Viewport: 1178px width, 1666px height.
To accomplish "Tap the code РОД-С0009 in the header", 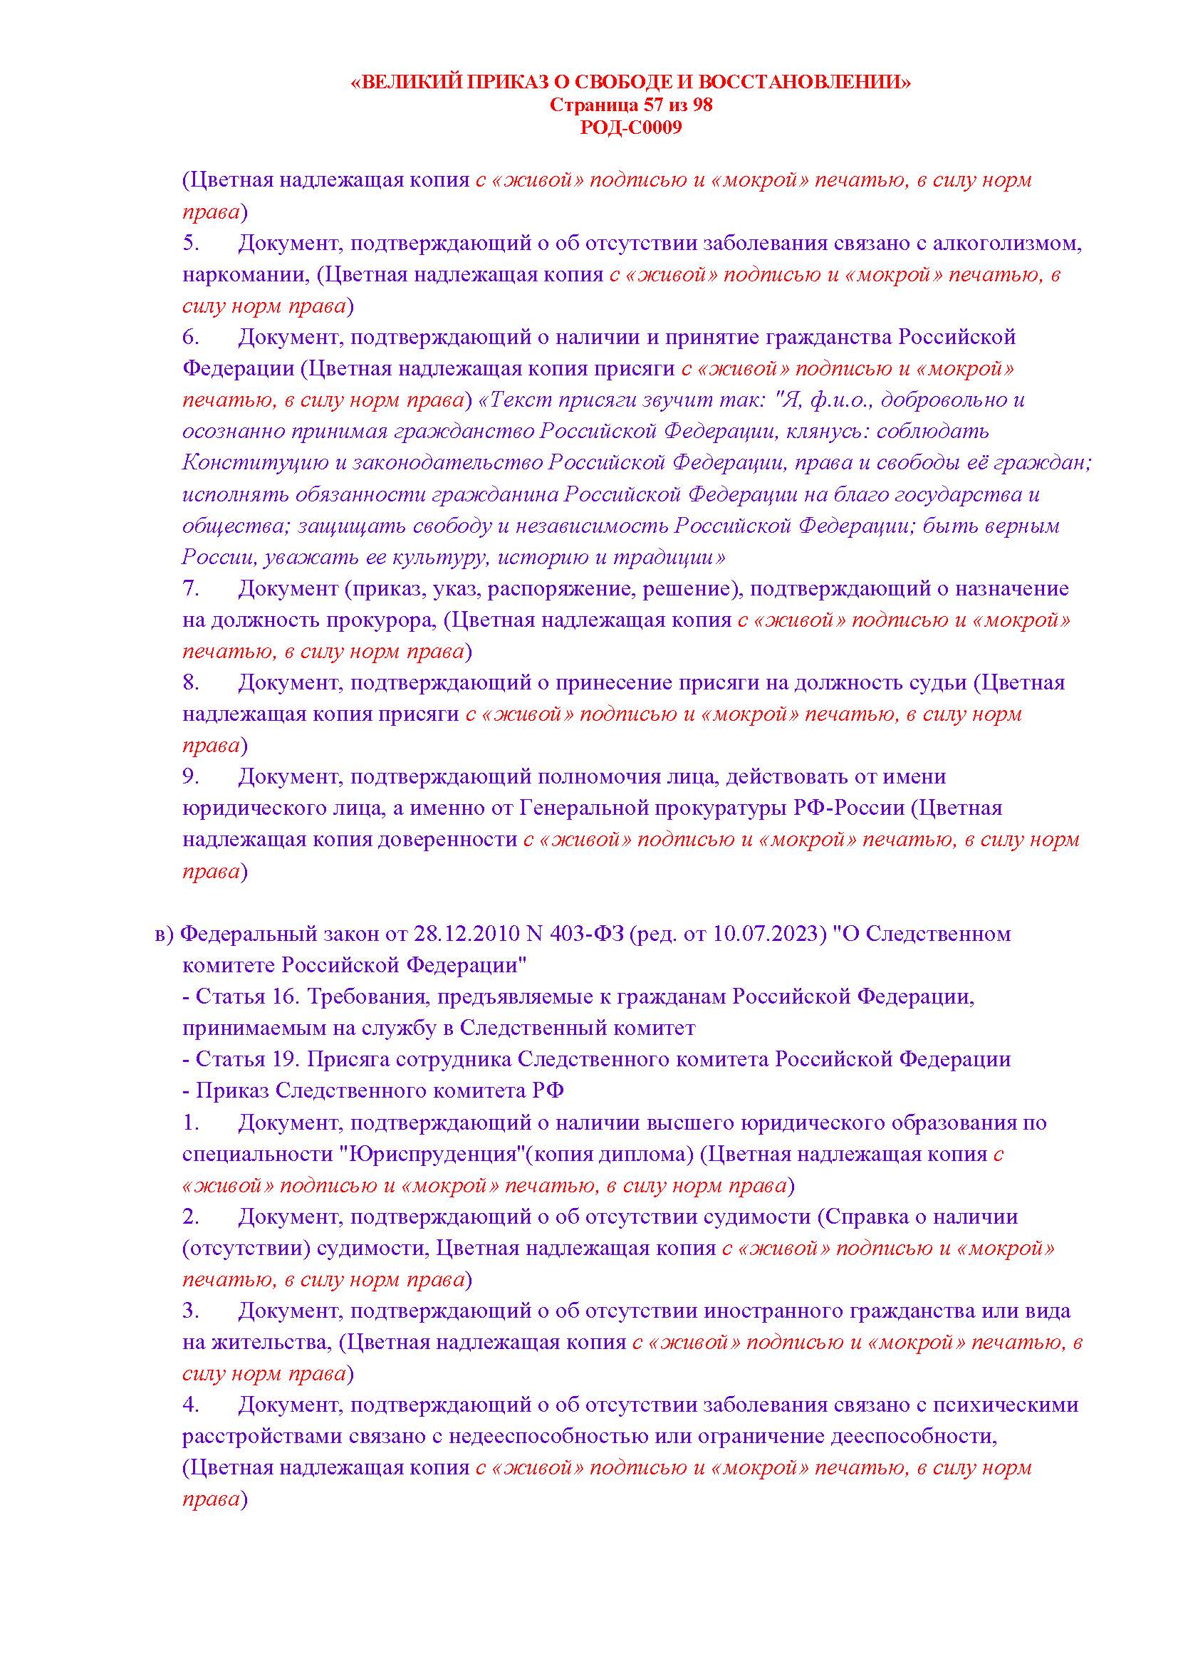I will [631, 128].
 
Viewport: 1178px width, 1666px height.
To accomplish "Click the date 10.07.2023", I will [767, 934].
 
